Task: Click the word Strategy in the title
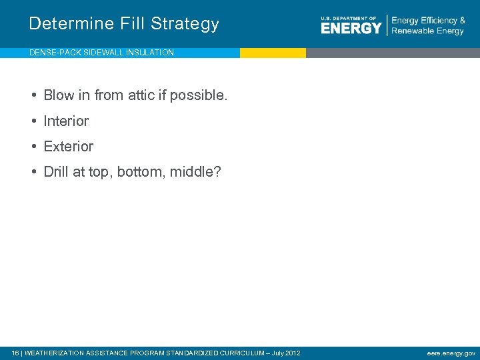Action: click(185, 24)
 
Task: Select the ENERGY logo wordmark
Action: click(351, 28)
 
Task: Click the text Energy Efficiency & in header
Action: click(428, 21)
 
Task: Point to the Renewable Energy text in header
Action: click(427, 31)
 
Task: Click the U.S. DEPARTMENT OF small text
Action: click(348, 18)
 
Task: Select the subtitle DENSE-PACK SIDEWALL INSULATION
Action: click(101, 53)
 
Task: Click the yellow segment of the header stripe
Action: click(273, 53)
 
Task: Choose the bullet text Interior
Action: click(66, 121)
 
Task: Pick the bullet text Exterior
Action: click(69, 146)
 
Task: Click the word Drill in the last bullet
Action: click(56, 172)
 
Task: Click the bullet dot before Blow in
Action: click(33, 95)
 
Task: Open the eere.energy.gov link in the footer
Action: click(451, 353)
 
